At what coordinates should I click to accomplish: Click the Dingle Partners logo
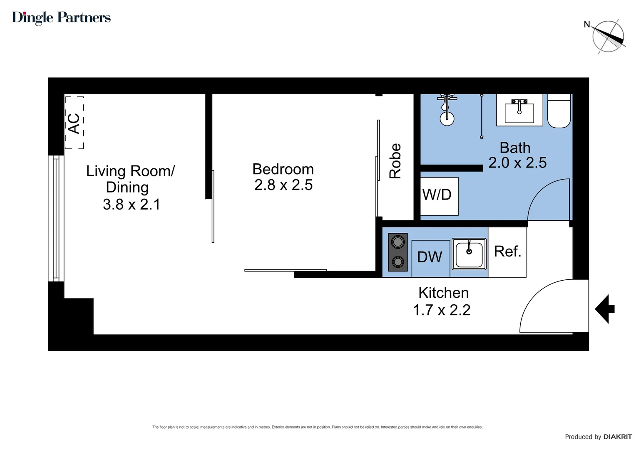61,17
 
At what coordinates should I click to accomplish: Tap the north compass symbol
608,37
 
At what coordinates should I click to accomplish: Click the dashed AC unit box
75,123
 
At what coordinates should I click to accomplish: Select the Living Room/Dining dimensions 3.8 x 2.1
132,205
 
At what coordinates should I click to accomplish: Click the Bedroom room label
283,169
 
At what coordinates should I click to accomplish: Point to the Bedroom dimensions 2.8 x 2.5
283,185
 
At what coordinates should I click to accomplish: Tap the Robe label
395,161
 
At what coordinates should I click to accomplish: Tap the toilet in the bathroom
559,112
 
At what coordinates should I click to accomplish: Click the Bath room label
515,148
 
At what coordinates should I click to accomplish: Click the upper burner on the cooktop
397,242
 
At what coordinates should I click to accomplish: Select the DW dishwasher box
430,258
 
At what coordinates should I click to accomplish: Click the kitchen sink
469,254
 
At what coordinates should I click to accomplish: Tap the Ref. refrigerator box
507,252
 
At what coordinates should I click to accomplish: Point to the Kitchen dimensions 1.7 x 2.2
442,310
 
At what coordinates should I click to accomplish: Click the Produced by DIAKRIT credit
598,437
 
